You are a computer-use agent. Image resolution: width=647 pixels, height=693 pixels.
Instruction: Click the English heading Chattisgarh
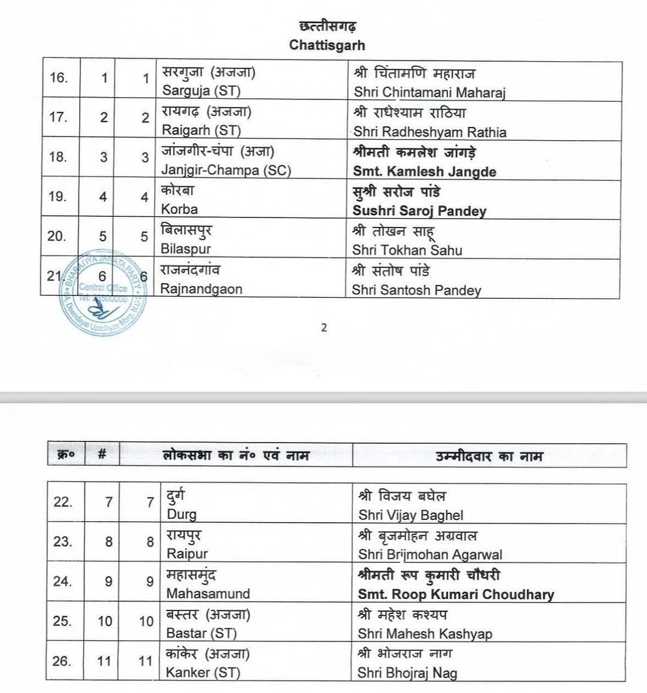coord(326,45)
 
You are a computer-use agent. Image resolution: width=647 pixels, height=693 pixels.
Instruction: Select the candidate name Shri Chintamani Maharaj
coord(430,92)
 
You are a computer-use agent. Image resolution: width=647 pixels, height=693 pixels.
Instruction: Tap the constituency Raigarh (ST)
coord(201,131)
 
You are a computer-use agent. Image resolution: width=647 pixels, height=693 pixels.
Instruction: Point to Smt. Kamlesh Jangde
coord(424,171)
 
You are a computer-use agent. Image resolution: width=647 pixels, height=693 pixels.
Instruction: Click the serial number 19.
coord(58,196)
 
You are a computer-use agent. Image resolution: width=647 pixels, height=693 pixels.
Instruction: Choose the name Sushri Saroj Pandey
coord(419,211)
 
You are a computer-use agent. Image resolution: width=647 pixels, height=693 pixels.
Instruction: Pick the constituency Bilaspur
coord(186,249)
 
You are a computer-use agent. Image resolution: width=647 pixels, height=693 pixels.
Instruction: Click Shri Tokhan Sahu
coord(407,250)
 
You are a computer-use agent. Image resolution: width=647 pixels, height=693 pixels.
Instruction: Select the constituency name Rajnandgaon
coord(201,289)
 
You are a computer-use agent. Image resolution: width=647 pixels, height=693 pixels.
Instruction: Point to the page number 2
coord(324,328)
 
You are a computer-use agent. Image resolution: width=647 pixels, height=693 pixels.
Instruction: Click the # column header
coord(102,455)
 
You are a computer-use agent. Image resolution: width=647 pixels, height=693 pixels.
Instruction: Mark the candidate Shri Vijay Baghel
coord(410,515)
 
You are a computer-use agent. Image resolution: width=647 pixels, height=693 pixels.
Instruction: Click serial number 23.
coord(63,541)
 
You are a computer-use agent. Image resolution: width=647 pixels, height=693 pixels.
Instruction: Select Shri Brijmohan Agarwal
coord(430,555)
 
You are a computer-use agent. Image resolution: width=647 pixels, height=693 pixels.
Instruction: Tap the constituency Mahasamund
coord(208,594)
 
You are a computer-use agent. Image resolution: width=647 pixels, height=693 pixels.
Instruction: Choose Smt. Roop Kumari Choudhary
coord(455,594)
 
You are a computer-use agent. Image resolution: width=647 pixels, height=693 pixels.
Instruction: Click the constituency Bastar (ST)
coord(201,633)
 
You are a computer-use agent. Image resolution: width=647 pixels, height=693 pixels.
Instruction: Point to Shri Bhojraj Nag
coord(407,673)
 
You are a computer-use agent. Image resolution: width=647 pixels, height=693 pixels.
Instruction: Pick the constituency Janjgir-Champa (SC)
coord(226,170)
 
